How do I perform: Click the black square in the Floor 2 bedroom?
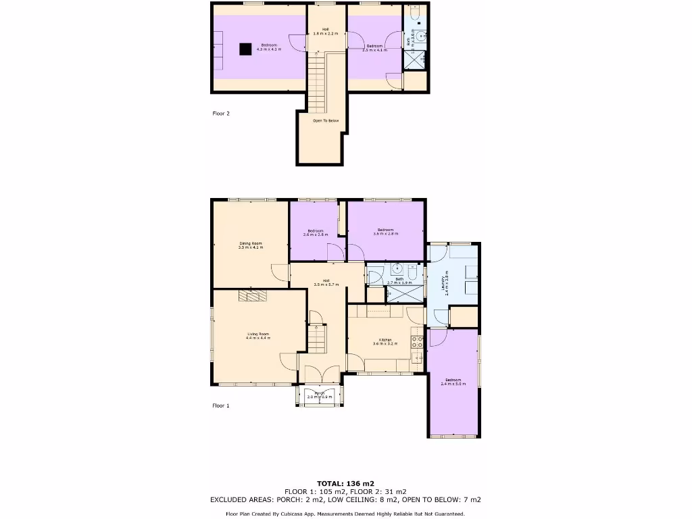(246, 48)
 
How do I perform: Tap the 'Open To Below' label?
(325, 121)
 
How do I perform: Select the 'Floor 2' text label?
(221, 114)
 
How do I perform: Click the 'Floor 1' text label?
(221, 405)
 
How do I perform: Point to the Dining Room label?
(250, 245)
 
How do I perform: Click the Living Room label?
(257, 335)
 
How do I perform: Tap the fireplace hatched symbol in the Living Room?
(252, 295)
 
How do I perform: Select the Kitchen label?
(385, 341)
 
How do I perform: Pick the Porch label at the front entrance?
(319, 395)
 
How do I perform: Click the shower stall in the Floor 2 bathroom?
(414, 60)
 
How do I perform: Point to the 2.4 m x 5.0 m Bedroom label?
(453, 382)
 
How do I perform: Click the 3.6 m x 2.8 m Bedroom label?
(386, 232)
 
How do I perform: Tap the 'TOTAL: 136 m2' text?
(345, 483)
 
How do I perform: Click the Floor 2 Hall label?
(325, 31)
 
